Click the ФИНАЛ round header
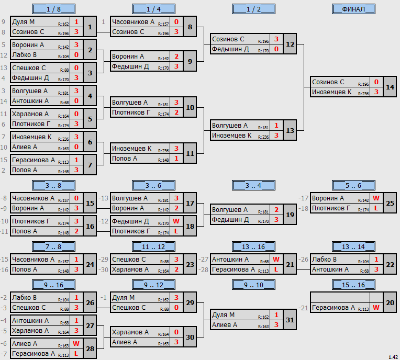tap(353, 9)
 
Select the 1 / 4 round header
tap(153, 9)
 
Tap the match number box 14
tap(390, 87)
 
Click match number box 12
tap(290, 44)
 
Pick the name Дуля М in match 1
tap(23, 22)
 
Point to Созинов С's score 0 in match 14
tap(376, 82)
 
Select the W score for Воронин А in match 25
tap(376, 198)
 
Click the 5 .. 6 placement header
tap(353, 185)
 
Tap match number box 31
tap(290, 320)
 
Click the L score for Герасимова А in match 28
tap(76, 354)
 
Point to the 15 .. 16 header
tap(353, 285)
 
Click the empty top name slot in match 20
tap(340, 298)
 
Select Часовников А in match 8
tap(133, 22)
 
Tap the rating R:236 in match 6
tap(63, 139)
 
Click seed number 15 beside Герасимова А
tap(4, 160)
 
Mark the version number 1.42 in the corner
tap(393, 357)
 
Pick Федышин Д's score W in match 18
tap(176, 221)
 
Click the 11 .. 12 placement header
tap(153, 246)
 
